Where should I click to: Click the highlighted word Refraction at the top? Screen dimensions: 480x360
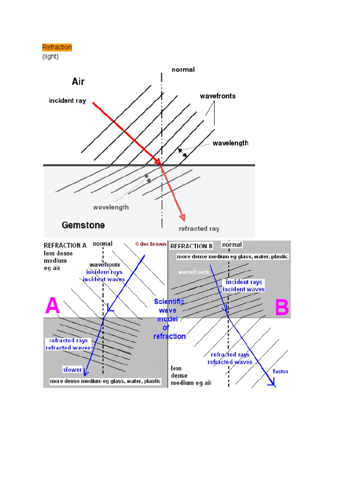(57, 47)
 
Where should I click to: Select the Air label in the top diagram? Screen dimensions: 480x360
(78, 82)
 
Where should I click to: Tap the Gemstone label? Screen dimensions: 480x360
(83, 225)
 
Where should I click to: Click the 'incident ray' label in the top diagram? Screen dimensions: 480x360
(67, 101)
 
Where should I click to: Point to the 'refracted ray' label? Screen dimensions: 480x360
(199, 229)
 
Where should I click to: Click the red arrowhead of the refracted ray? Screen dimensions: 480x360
(183, 217)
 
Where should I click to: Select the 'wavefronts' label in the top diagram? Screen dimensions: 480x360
(217, 96)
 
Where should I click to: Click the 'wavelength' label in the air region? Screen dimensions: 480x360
(230, 143)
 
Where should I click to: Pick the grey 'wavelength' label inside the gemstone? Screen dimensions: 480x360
(111, 207)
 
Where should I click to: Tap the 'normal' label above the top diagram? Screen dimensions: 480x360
(183, 69)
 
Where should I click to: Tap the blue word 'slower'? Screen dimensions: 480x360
(73, 370)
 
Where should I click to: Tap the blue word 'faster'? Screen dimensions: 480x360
(281, 371)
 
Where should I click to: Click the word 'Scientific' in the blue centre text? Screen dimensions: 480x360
(169, 302)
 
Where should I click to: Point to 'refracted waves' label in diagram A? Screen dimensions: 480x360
(65, 348)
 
